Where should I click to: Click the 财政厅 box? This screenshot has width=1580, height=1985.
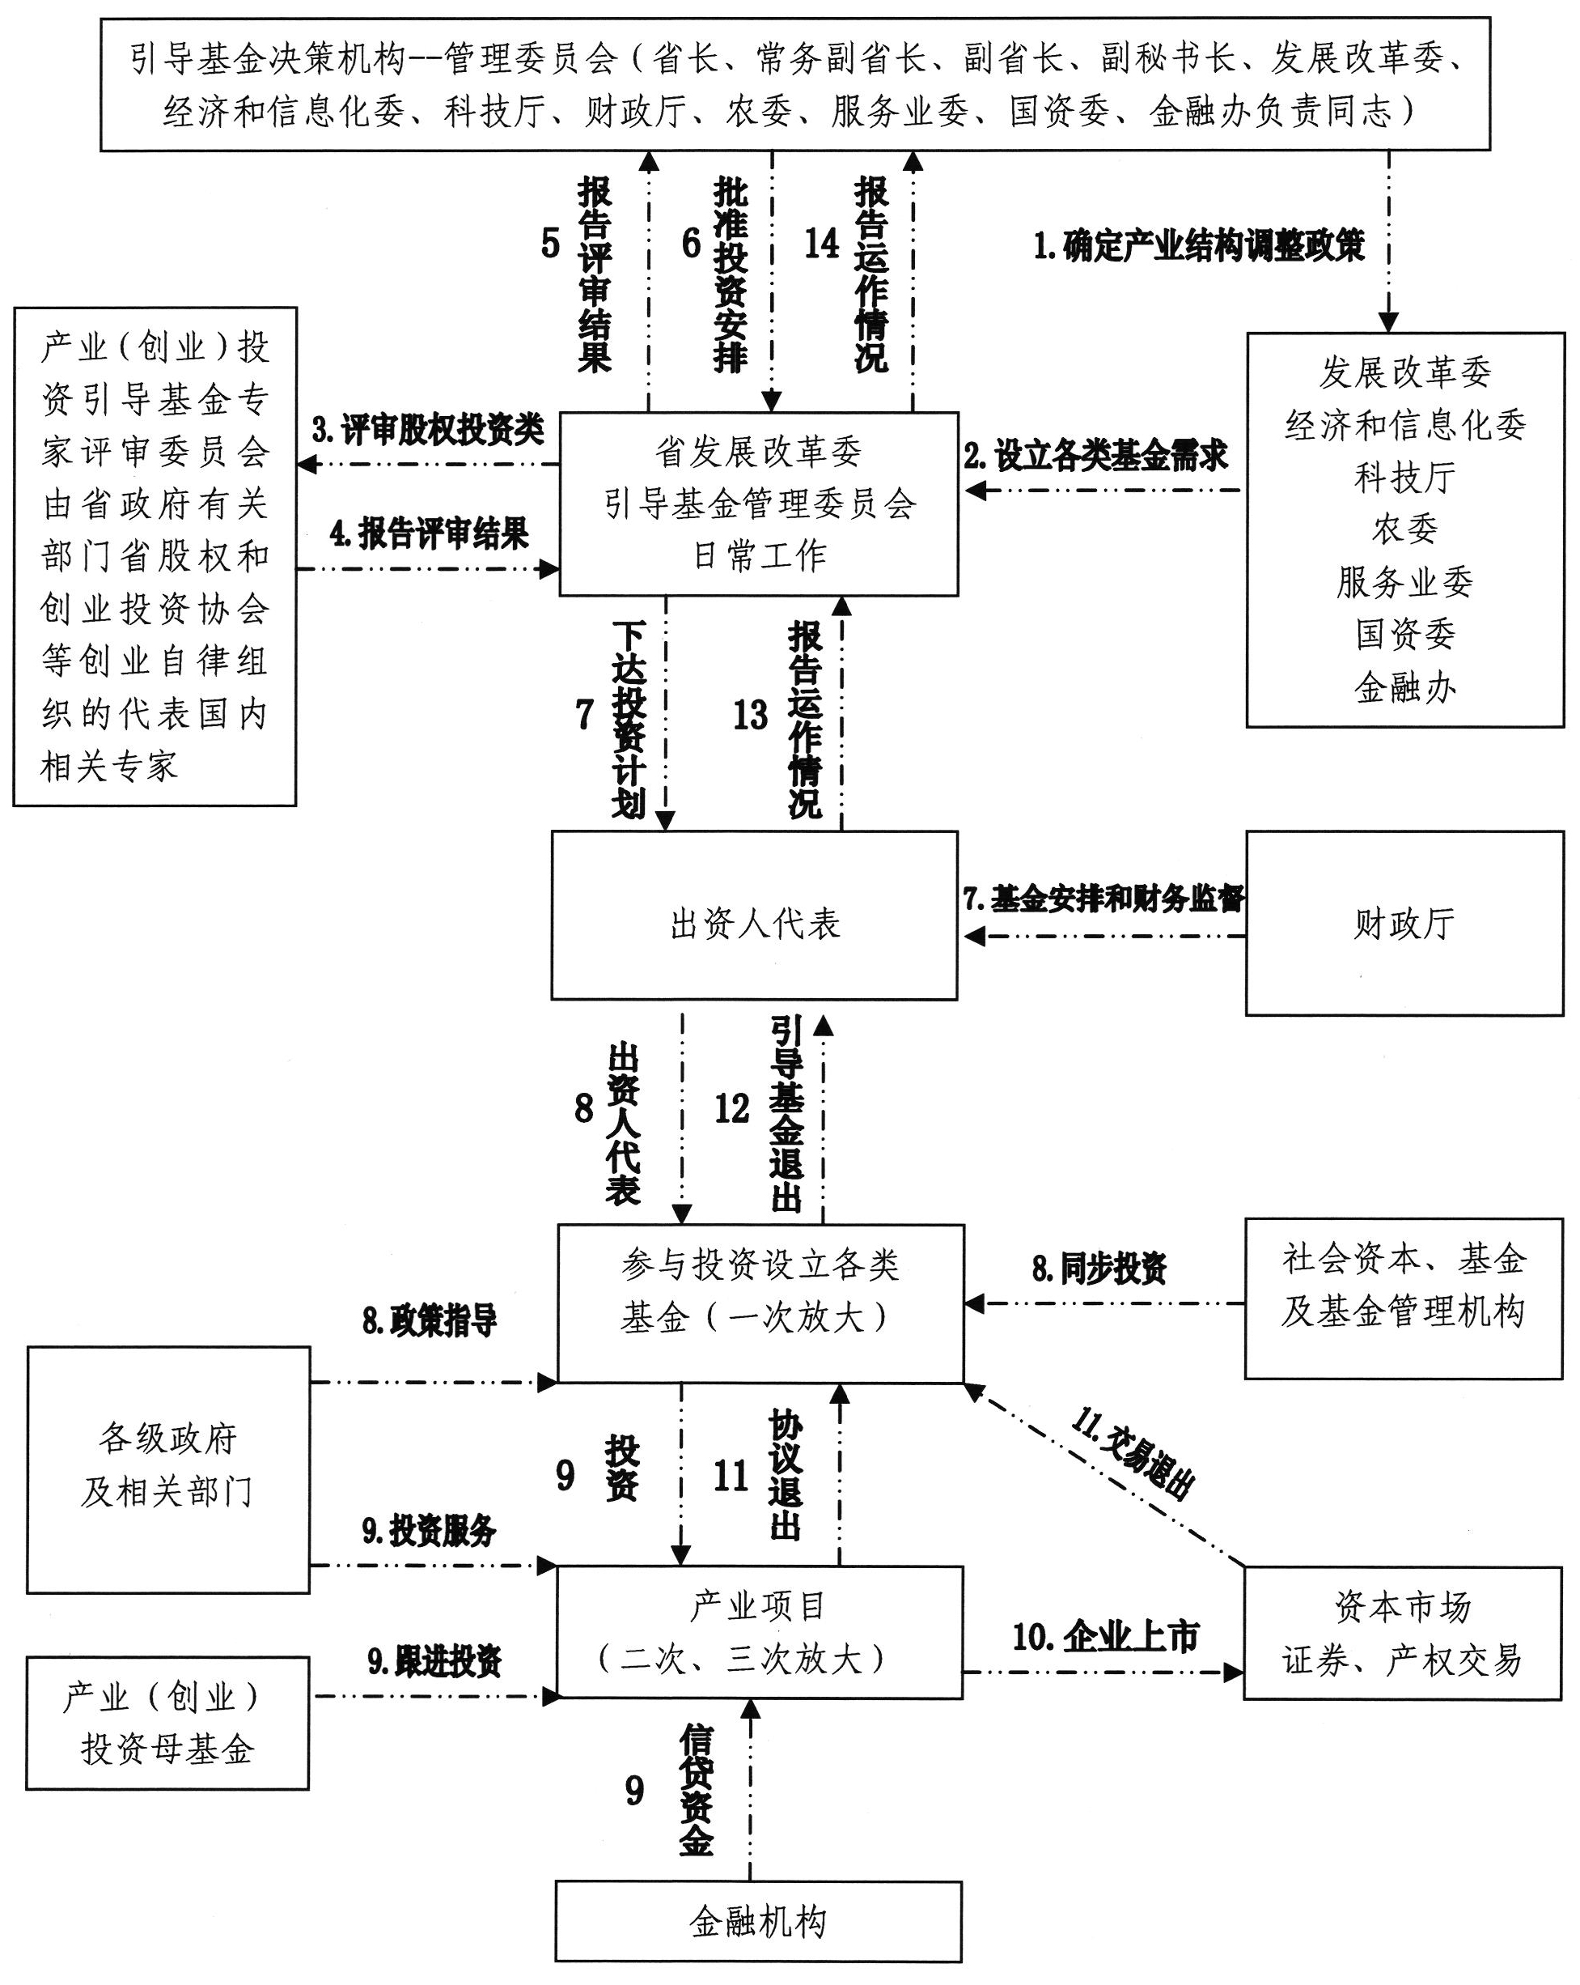pyautogui.click(x=1404, y=923)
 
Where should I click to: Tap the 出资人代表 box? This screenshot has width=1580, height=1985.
pyautogui.click(x=754, y=915)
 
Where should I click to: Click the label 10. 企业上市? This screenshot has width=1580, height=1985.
pyautogui.click(x=1105, y=1636)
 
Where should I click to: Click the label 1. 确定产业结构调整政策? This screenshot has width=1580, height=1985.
pyautogui.click(x=1198, y=246)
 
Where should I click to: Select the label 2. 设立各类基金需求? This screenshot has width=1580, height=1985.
pyautogui.click(x=1095, y=455)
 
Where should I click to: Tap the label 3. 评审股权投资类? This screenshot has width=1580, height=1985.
pyautogui.click(x=428, y=429)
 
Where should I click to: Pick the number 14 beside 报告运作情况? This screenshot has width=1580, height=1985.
pyautogui.click(x=822, y=243)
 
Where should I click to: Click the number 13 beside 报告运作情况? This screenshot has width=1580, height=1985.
pyautogui.click(x=750, y=716)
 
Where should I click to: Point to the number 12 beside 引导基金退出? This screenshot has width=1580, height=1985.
pyautogui.click(x=732, y=1109)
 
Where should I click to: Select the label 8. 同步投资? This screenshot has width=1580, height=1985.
pyautogui.click(x=1099, y=1269)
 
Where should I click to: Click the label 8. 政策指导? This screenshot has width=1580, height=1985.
pyautogui.click(x=429, y=1321)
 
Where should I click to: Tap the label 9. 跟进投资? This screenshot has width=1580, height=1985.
pyautogui.click(x=434, y=1661)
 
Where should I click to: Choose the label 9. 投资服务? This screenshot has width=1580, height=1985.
pyautogui.click(x=429, y=1530)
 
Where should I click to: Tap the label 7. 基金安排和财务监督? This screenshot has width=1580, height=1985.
pyautogui.click(x=1103, y=899)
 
